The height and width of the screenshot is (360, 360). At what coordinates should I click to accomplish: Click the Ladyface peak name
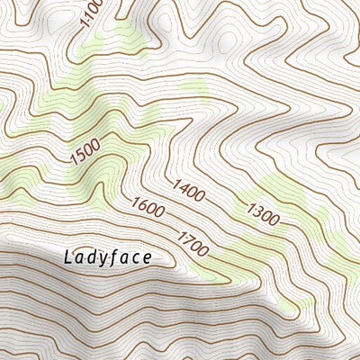pos(108,256)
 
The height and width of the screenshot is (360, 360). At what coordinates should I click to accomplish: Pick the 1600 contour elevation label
pos(148,208)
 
